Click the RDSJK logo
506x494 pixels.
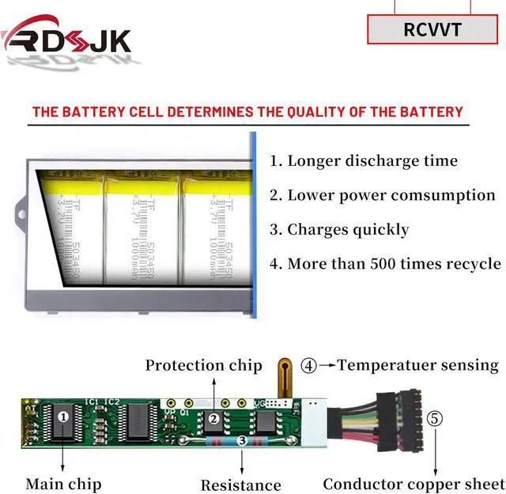pos(66,36)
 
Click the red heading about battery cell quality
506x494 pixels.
pos(247,111)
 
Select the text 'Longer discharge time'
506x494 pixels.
pos(372,160)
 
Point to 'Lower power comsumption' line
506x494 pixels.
pos(391,195)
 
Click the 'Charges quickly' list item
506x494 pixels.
pos(348,230)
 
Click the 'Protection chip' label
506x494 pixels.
pos(203,365)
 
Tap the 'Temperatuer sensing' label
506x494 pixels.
pos(417,365)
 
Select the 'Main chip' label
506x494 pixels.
pos(63,483)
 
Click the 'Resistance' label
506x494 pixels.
pos(240,485)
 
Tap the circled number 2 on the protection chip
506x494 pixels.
pos(212,419)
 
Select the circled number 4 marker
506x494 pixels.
pos(309,366)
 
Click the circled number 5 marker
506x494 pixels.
pos(436,418)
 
